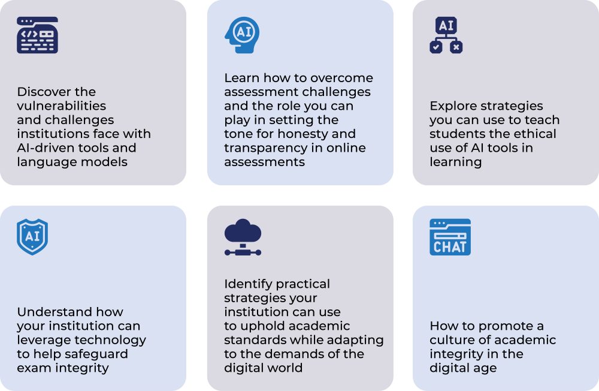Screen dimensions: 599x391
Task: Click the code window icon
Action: pos(37,35)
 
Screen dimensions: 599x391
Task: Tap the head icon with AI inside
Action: pos(242,35)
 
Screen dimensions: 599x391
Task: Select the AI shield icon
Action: pos(32,237)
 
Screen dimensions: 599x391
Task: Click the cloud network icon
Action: pos(243,237)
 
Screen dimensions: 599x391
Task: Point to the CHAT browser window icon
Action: pos(450,237)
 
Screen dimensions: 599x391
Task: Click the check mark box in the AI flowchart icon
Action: pos(436,47)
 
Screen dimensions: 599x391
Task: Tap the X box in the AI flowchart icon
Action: pos(456,47)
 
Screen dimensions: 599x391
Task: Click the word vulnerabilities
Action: pos(62,106)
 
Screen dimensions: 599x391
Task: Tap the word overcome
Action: pos(342,78)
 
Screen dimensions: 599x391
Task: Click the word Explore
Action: pos(453,106)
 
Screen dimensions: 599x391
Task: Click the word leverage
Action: pos(42,341)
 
